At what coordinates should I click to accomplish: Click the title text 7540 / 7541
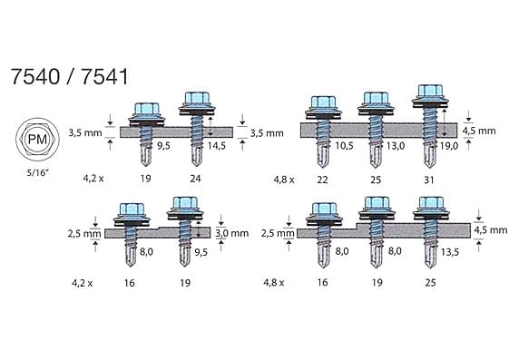tap(70, 76)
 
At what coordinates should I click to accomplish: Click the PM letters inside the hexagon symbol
tap(38, 140)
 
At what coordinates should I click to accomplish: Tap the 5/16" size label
tap(38, 173)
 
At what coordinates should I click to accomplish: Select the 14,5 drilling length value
tap(217, 146)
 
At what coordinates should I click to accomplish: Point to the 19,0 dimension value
tap(449, 146)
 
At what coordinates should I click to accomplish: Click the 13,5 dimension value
tap(450, 252)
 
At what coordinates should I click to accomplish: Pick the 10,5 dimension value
tap(344, 146)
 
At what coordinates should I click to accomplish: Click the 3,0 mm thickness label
tap(232, 233)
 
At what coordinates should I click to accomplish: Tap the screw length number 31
tap(429, 180)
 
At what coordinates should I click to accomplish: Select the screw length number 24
tap(195, 179)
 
